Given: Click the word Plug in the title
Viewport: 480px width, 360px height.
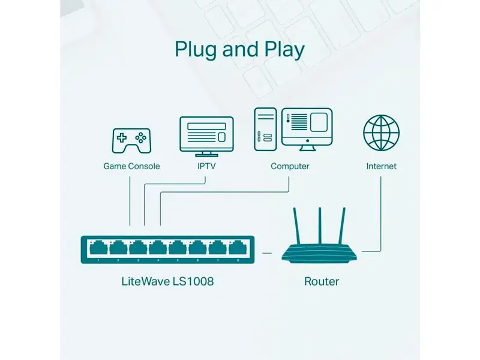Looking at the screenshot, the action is click(x=197, y=50).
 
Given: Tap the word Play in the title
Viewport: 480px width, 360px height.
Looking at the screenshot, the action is click(x=284, y=50).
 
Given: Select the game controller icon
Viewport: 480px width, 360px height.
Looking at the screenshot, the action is click(x=131, y=141).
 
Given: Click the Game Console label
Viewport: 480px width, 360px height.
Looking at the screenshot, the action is click(x=131, y=166).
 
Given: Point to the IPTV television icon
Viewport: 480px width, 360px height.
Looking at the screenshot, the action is click(x=206, y=137).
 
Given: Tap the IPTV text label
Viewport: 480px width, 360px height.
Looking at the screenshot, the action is click(x=206, y=166).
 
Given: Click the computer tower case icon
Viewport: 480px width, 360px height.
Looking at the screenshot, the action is click(x=265, y=129).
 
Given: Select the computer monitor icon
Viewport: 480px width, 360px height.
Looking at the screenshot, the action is click(x=307, y=129).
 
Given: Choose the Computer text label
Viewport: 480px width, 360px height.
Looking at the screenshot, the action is click(x=290, y=166).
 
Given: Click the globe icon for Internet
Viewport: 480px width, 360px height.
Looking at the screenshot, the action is click(x=382, y=133).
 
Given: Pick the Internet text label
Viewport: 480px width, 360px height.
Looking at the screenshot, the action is click(x=382, y=166).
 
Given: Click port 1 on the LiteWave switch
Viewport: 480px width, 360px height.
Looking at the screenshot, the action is click(x=98, y=248).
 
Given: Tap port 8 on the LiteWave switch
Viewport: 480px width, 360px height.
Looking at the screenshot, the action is click(x=238, y=248).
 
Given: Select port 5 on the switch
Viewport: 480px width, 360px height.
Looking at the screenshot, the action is click(x=178, y=248).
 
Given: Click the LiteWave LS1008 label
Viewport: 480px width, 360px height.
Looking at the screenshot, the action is click(x=167, y=281).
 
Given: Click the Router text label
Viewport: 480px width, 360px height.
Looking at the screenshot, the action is click(x=322, y=281).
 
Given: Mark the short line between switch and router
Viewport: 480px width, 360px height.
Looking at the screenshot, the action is click(x=267, y=253).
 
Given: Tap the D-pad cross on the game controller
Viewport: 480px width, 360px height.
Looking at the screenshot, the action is click(x=122, y=138).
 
